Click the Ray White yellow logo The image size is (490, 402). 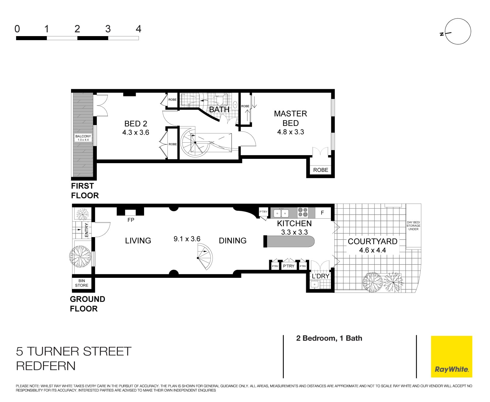[x=451, y=356]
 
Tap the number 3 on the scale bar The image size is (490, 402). [x=108, y=29]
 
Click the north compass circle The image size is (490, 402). [x=458, y=31]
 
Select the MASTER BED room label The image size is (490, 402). [x=290, y=118]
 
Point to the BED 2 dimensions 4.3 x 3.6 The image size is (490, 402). [x=136, y=133]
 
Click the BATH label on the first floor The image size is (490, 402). [x=219, y=110]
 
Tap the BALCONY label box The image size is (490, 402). [x=83, y=138]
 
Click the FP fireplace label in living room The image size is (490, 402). [x=131, y=220]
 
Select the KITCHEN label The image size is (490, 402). [x=294, y=224]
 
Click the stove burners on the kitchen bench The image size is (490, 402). [x=303, y=212]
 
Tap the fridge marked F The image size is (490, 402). [x=323, y=213]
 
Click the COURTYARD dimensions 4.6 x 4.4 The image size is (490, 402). [x=372, y=250]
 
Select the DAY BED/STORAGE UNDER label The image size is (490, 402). [x=413, y=226]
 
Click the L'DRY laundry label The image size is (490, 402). [x=321, y=276]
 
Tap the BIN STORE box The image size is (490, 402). [x=82, y=283]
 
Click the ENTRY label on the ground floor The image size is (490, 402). [x=87, y=230]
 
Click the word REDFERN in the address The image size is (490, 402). [x=46, y=366]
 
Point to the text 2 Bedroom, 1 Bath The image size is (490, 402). [x=329, y=338]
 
